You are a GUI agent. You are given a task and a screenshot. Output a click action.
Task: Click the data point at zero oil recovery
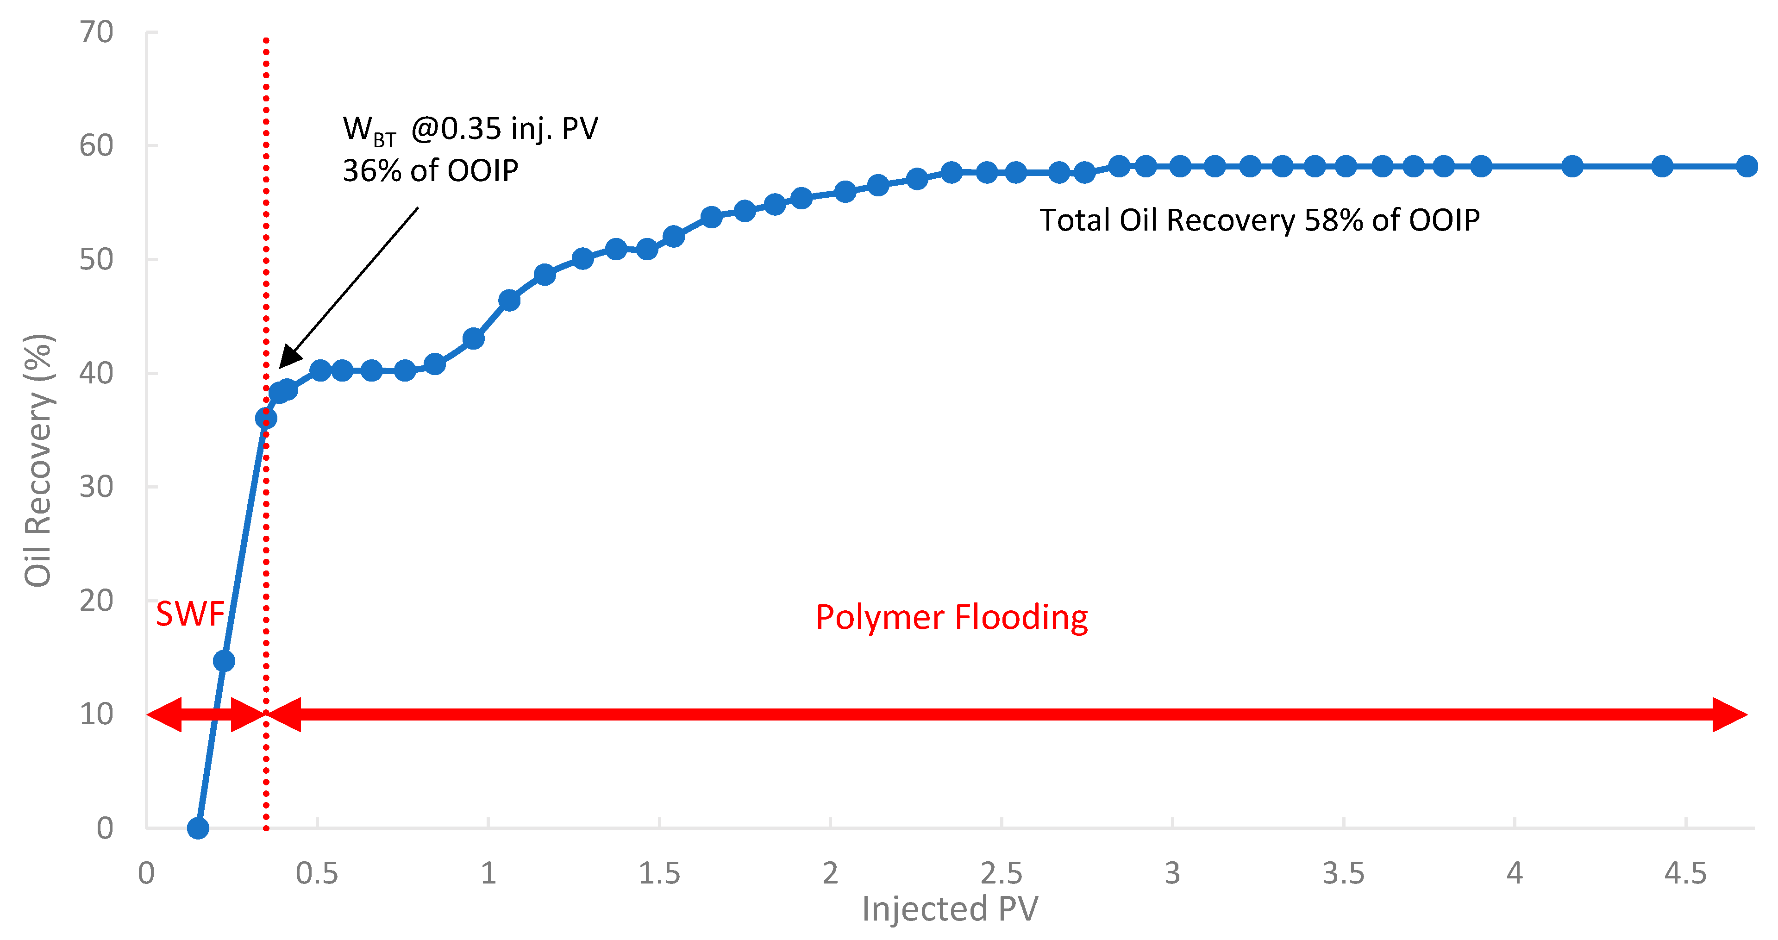tap(198, 827)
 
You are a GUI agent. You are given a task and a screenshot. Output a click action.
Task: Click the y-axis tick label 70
tap(96, 32)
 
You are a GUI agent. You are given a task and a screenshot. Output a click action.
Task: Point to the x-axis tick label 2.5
tap(1002, 874)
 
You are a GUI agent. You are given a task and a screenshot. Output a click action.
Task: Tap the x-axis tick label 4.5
tap(1685, 874)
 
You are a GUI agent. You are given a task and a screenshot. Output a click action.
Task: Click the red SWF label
tap(190, 614)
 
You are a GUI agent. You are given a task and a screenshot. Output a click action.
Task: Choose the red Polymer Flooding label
tap(952, 617)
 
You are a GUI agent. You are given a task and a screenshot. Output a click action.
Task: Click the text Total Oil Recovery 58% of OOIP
tap(1259, 220)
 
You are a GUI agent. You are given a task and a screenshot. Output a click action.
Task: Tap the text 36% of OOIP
tap(430, 170)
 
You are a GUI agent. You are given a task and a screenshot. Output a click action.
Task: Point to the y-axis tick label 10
tap(96, 714)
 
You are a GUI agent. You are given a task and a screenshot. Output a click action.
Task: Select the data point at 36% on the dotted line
tap(266, 418)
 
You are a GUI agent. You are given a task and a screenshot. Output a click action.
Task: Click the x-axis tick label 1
tap(488, 874)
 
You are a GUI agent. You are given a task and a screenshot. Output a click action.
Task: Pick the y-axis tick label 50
tap(96, 259)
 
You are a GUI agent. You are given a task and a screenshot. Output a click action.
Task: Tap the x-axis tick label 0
tap(146, 874)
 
